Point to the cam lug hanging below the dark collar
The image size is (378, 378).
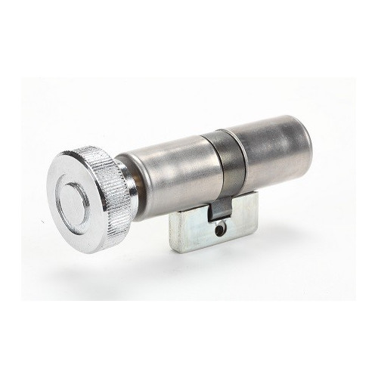(x=219, y=207)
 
